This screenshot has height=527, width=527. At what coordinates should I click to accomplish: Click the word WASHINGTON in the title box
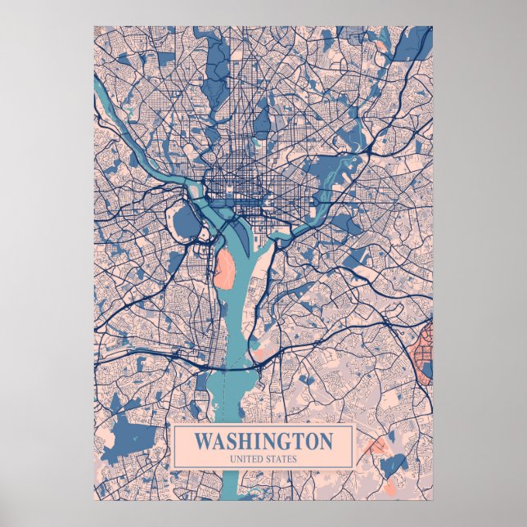[x=263, y=441]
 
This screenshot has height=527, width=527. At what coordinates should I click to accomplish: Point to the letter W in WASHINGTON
[x=203, y=441]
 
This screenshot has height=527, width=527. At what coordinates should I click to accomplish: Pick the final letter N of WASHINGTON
[x=326, y=441]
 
